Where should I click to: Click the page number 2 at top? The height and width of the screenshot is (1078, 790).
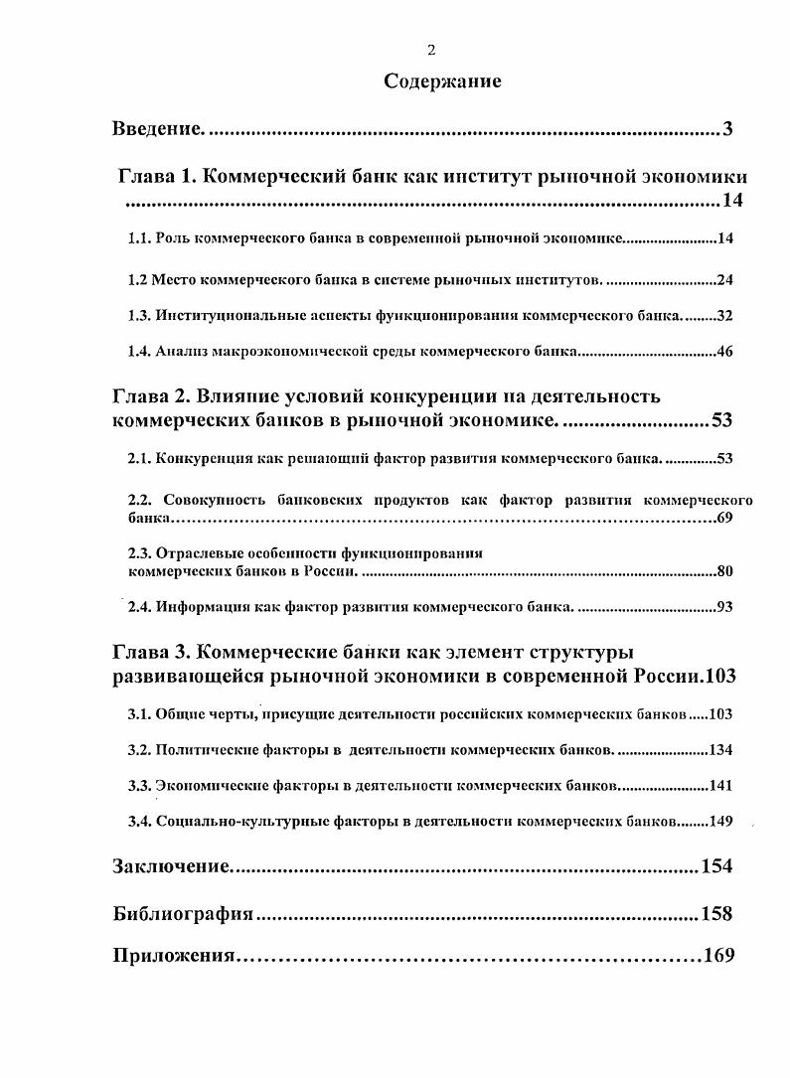click(x=431, y=52)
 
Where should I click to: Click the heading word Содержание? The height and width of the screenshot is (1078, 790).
click(x=442, y=82)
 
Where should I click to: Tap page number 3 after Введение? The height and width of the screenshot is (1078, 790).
click(x=727, y=129)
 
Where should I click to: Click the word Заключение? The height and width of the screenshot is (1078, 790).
click(x=171, y=866)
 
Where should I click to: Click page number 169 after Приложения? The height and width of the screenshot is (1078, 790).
click(x=717, y=956)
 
